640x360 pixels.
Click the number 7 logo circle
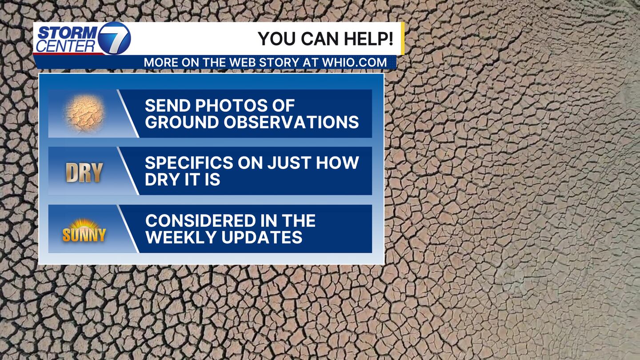tap(114, 38)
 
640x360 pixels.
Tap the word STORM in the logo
tap(68, 33)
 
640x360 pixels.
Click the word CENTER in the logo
tap(65, 46)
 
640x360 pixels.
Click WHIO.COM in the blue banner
tap(354, 63)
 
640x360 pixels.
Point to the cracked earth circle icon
tap(84, 113)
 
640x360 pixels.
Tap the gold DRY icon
tap(84, 172)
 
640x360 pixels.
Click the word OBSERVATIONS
tap(291, 122)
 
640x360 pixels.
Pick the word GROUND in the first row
tap(182, 122)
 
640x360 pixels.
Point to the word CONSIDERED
tap(200, 220)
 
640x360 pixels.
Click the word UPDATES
tap(262, 237)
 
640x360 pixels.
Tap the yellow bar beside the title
tap(403, 38)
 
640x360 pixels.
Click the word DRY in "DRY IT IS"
tap(160, 179)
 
